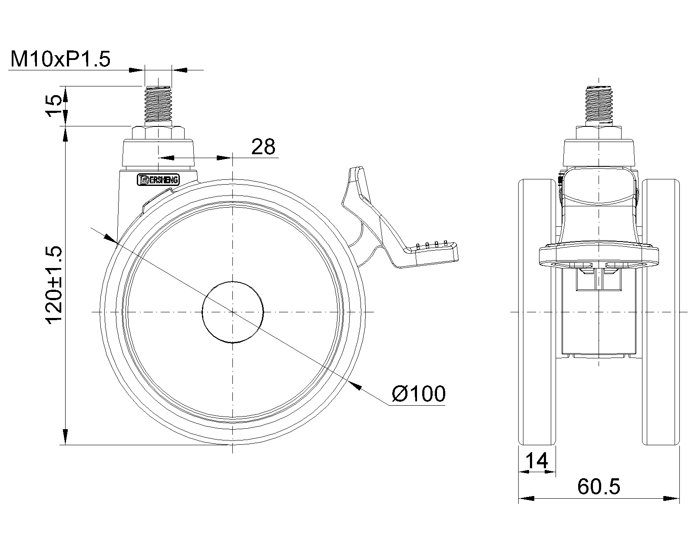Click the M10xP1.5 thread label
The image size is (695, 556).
coord(60,59)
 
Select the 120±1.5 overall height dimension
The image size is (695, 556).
coord(53,285)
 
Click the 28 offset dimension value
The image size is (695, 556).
coord(263,147)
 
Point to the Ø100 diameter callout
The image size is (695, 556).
coord(419,394)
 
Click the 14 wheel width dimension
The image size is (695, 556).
coord(537,460)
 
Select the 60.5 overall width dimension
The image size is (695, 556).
coord(599,487)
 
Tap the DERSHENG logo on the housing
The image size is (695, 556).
coord(158,180)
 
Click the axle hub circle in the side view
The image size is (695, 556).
coord(232,312)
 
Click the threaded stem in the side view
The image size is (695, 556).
coord(158,104)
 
